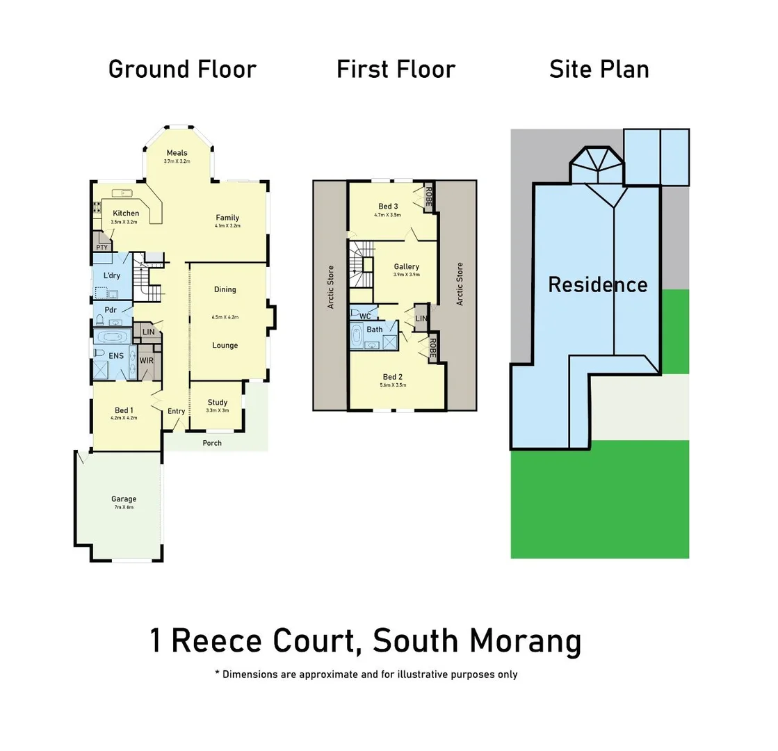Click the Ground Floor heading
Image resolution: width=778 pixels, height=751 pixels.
182,70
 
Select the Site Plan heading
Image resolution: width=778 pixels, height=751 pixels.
599,70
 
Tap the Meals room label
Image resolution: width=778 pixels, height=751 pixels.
177,153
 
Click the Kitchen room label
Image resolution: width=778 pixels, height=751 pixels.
126,213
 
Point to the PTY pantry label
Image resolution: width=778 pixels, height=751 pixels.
102,247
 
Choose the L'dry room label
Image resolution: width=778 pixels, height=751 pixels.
111,275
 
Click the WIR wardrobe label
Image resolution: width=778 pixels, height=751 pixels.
146,360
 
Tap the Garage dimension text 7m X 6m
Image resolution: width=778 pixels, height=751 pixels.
124,508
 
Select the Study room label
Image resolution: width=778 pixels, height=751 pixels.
217,402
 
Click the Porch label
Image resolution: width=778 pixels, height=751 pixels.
212,443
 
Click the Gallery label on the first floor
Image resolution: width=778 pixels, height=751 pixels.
406,266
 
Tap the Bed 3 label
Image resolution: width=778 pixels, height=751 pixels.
388,206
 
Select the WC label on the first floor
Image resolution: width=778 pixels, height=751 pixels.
365,316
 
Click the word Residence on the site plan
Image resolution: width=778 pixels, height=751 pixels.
597,284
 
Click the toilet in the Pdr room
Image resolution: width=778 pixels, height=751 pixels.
99,321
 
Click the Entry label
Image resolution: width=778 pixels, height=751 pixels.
176,411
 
